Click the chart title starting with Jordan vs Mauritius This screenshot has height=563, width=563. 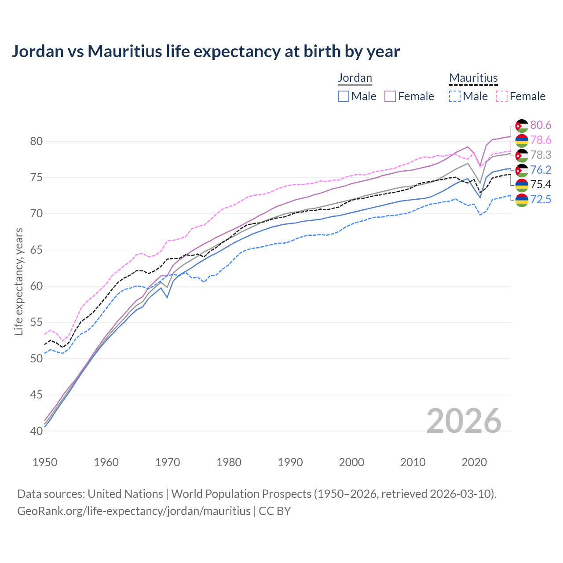pos(205,51)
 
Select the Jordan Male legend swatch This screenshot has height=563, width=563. pos(344,96)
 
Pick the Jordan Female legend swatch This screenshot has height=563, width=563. pos(390,96)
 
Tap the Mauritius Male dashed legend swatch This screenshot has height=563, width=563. pos(455,96)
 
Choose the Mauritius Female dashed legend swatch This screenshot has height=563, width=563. pos(501,96)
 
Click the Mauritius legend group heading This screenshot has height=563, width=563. pos(473,78)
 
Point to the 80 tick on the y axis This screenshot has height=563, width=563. pos(36,142)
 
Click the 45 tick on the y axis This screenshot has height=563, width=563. pos(36,395)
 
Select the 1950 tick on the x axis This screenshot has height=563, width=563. pos(45,462)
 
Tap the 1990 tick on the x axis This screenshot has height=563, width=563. pos(290,462)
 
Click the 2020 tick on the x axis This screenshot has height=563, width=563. pos(475,462)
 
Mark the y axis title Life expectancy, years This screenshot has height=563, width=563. pos(18,281)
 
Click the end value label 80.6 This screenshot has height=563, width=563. pos(541,125)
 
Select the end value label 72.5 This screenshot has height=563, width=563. pos(541,200)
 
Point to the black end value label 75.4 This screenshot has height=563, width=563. pos(541,185)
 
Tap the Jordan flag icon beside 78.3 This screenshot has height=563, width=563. pos(522,155)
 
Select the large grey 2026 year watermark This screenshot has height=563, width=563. pos(464,421)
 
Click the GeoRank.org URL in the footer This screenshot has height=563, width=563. pos(134,511)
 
